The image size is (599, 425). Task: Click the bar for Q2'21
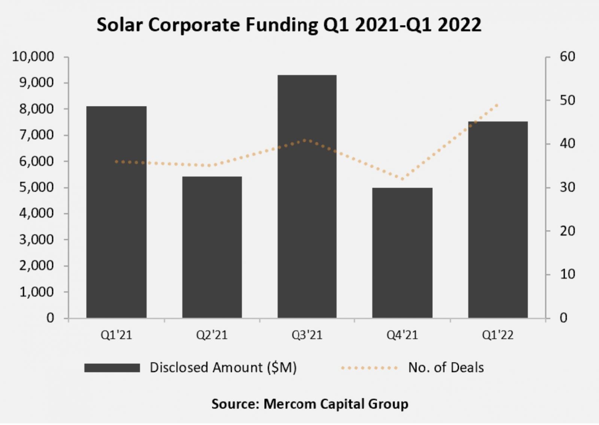click(x=212, y=247)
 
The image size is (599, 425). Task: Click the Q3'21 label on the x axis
click(x=307, y=335)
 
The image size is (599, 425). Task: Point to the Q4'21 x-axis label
click(x=402, y=335)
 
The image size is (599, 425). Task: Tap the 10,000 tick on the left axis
click(x=33, y=57)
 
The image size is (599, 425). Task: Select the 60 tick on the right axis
click(x=567, y=57)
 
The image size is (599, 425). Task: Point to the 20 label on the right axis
click(x=567, y=231)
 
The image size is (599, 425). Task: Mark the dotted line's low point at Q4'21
click(x=402, y=179)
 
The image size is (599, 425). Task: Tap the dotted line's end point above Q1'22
click(x=497, y=105)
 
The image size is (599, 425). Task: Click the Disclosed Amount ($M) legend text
click(x=223, y=368)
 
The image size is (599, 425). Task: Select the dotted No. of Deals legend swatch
click(x=369, y=368)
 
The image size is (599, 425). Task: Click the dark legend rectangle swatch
click(x=112, y=368)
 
